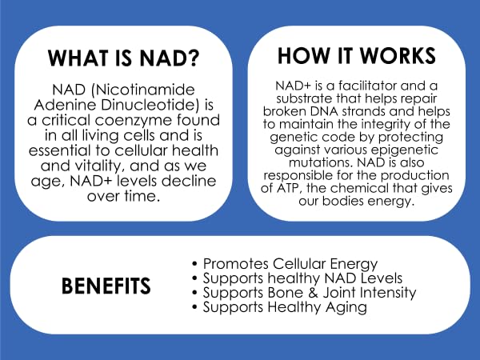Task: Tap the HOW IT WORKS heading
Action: (356, 55)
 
